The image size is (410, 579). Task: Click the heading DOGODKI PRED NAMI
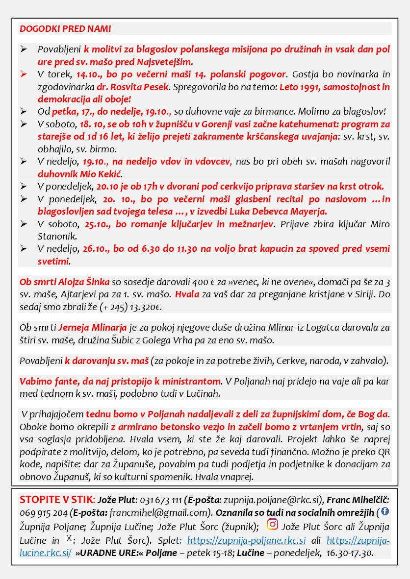[65, 28]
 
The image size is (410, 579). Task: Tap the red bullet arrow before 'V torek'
[24, 74]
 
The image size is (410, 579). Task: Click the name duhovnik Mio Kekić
[80, 174]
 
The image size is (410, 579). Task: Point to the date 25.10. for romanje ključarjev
[98, 224]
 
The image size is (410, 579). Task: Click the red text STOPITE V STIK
[56, 500]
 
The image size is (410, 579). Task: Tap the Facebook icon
[385, 511]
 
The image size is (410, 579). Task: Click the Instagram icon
[272, 525]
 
